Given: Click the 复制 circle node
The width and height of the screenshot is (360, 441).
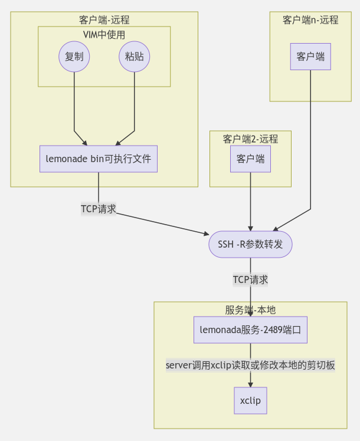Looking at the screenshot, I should [74, 57].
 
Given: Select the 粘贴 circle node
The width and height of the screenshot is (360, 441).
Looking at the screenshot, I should [135, 57].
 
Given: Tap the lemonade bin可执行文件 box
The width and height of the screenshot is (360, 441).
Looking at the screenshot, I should [99, 159].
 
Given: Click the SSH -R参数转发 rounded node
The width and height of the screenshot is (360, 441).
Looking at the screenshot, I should [250, 244].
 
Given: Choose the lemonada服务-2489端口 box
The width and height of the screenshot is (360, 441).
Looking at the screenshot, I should [250, 330].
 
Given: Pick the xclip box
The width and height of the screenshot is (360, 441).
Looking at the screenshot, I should [250, 401].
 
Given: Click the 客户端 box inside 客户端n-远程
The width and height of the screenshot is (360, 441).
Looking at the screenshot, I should [310, 57].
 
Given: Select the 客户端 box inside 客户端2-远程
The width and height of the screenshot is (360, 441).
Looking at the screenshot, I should [250, 159].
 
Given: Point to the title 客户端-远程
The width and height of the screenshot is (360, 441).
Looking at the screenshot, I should [104, 19].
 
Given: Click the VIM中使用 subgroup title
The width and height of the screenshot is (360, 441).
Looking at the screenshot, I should [104, 34].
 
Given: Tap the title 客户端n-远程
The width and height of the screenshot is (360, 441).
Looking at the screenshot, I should [310, 19].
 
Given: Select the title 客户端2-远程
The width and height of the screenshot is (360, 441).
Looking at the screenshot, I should [250, 139].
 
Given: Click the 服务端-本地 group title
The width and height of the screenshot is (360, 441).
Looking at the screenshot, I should [250, 310].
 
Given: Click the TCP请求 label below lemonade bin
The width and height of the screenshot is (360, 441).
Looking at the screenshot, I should [99, 209].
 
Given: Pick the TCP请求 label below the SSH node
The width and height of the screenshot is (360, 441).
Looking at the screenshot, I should [250, 279].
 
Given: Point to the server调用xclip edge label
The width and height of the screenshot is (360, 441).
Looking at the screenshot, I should [250, 366].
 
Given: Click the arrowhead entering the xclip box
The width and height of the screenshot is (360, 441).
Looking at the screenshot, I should [250, 384].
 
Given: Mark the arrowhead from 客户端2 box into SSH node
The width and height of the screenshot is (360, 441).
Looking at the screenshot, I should [250, 228].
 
